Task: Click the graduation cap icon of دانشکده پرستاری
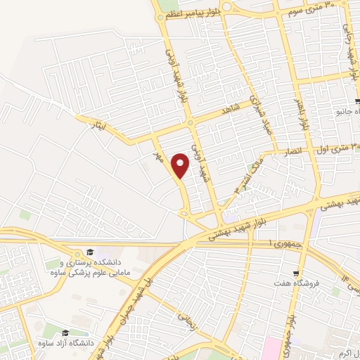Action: tap(89, 252)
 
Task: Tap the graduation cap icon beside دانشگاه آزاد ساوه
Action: tap(65, 332)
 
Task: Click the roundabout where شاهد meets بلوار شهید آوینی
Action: tap(191, 124)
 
